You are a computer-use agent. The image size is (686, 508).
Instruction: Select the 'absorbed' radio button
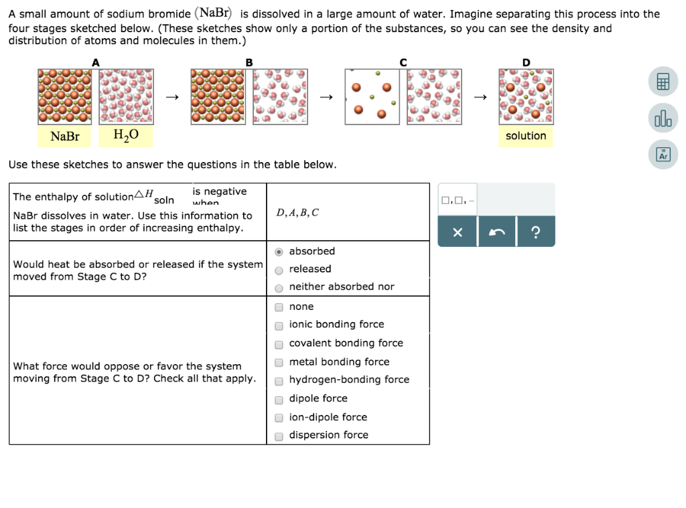[279, 252]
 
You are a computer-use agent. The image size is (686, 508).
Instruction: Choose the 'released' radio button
[279, 270]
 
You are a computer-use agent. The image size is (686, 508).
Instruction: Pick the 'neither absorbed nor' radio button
[279, 288]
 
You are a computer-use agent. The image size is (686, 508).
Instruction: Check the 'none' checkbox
[279, 307]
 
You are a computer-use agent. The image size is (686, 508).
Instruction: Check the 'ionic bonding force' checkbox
[279, 326]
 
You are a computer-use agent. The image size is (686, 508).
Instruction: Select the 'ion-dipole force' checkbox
[279, 418]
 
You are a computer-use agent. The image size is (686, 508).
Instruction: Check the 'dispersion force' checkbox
[279, 436]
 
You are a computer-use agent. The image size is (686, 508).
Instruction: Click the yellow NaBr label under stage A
[65, 137]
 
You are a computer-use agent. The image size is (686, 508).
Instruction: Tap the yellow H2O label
[126, 136]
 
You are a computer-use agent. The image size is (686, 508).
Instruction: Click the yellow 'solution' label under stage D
[526, 136]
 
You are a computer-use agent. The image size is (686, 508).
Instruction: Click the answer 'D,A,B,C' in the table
[297, 213]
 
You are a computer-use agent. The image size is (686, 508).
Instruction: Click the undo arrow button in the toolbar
[496, 232]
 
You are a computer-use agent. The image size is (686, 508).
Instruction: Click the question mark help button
[535, 232]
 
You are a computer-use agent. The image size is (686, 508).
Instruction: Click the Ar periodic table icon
[663, 155]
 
